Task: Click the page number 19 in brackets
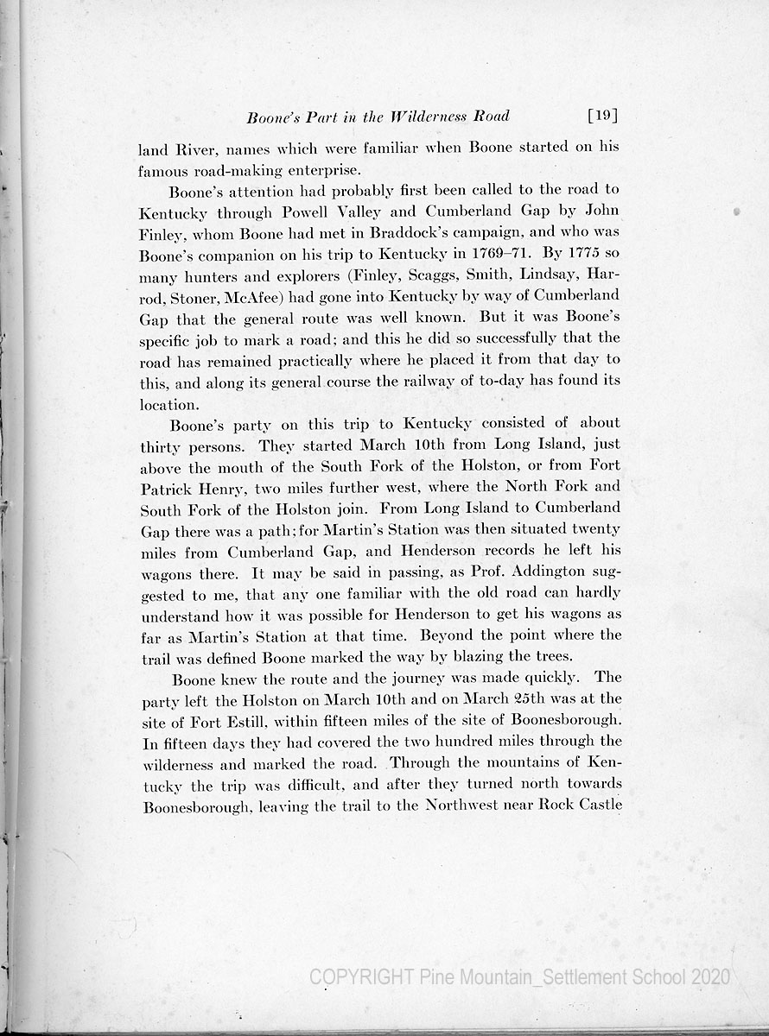(602, 116)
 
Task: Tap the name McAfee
(248, 297)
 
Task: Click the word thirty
(161, 445)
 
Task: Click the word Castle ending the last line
(598, 805)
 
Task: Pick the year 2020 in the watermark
(710, 976)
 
